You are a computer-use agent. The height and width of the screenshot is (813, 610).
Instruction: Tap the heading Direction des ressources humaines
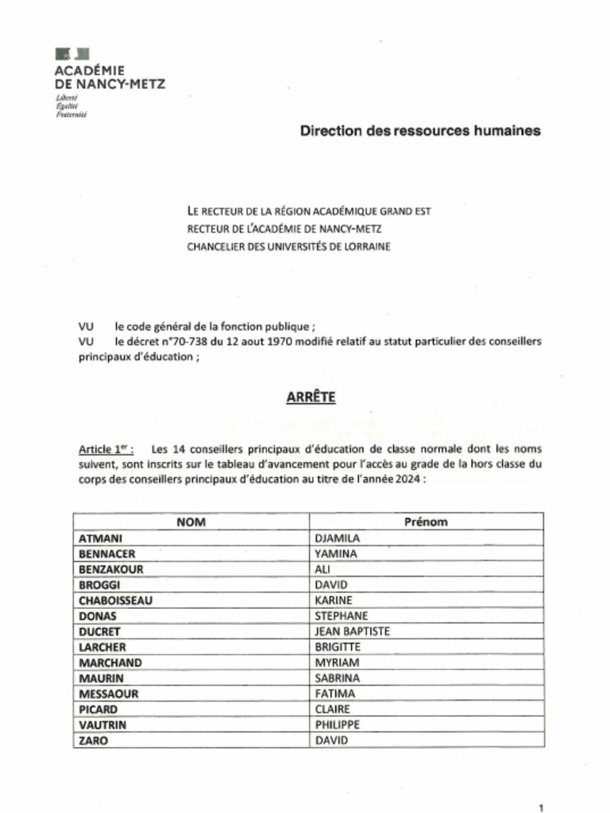420,131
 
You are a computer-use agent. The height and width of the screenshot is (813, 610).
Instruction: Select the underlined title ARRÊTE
311,397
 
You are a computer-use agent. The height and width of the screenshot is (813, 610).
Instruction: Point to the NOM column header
191,522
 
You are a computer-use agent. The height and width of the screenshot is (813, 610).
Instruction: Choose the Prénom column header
426,522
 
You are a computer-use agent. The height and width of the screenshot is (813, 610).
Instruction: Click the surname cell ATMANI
100,538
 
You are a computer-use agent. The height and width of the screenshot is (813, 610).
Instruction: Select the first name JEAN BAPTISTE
352,631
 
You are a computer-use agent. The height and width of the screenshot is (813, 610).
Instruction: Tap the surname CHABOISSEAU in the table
115,600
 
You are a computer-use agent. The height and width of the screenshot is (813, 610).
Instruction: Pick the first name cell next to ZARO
331,740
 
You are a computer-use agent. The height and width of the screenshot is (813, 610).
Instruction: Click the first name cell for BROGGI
331,585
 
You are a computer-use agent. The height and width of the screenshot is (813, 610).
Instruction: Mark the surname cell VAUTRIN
102,724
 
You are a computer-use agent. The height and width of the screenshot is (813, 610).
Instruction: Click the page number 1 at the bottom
541,807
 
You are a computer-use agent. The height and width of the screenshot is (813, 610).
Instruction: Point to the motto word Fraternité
71,114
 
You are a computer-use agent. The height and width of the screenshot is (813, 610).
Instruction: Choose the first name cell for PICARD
333,709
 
